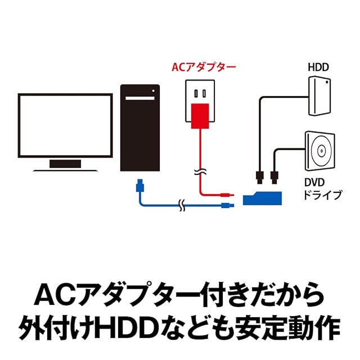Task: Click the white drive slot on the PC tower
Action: [138, 98]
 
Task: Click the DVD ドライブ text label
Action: [322, 190]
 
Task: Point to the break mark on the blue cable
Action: [181, 205]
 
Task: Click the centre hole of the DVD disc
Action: [320, 151]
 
